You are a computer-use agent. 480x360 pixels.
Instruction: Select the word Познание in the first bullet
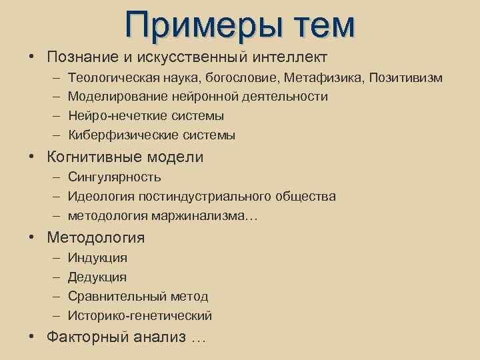(79, 57)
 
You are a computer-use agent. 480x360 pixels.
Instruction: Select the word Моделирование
(117, 97)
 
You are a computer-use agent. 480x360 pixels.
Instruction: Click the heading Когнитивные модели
(125, 157)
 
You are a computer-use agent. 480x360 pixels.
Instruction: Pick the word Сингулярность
(114, 177)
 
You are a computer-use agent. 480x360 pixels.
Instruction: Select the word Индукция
(97, 257)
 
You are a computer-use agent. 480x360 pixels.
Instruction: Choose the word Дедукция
(97, 277)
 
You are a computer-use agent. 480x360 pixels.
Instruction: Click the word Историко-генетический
(139, 315)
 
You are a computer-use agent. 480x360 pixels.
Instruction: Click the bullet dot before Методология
(32, 238)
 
